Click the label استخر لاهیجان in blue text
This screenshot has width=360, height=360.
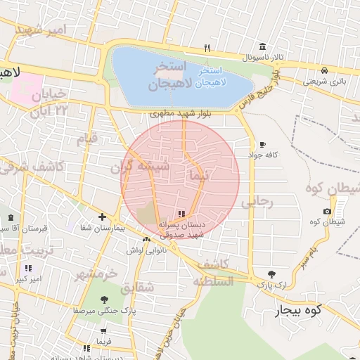click(210, 77)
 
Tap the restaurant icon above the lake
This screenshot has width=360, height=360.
click(207, 48)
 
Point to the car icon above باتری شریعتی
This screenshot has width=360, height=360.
click(324, 71)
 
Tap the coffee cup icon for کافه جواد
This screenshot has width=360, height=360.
click(262, 143)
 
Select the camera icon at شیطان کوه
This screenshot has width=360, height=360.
click(327, 212)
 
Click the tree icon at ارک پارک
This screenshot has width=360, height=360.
click(271, 274)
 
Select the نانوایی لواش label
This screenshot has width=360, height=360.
click(146, 250)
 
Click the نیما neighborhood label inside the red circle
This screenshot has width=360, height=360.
click(199, 176)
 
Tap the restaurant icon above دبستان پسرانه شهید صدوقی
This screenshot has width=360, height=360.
click(181, 214)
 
